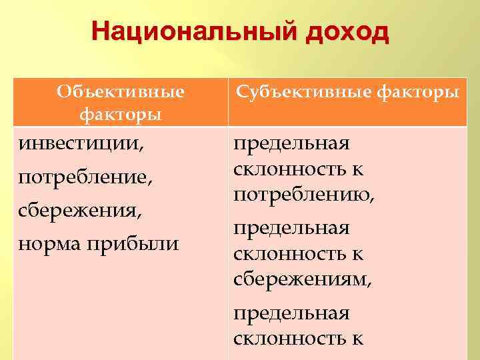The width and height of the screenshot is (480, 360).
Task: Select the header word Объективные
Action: [121, 91]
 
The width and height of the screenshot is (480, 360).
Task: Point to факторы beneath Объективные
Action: [121, 114]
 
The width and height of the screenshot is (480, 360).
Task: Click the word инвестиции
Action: [79, 143]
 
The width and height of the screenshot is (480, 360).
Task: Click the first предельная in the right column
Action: [291, 143]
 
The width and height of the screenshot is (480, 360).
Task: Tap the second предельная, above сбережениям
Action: [291, 229]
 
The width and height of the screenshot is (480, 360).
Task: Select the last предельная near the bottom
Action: [291, 313]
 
